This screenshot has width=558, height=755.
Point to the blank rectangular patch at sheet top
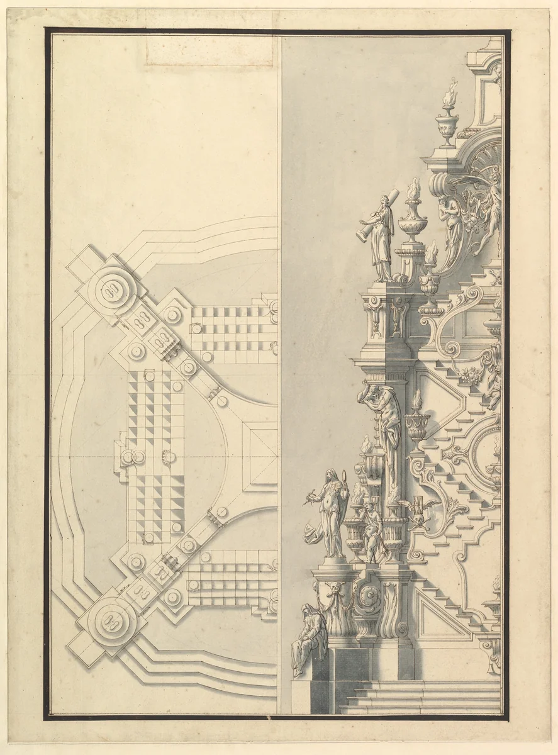pos(210,50)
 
